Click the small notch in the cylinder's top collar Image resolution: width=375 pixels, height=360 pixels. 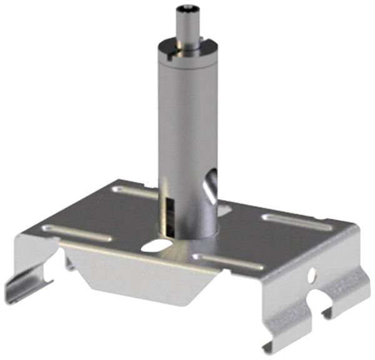[171, 59]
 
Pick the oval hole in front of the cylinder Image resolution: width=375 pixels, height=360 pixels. [151, 247]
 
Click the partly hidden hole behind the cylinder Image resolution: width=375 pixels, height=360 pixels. [223, 211]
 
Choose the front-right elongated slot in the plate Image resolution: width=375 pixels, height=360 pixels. [228, 262]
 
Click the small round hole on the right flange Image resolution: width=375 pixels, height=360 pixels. [310, 274]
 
